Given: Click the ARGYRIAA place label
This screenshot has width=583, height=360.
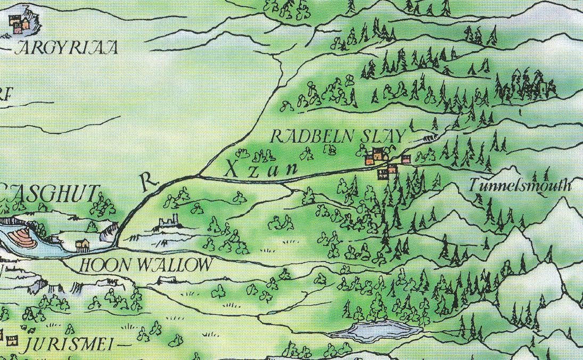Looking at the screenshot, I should click(x=67, y=49).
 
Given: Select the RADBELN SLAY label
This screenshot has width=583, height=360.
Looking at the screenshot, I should click(x=338, y=137).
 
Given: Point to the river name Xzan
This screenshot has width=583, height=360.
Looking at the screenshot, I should click(x=260, y=169).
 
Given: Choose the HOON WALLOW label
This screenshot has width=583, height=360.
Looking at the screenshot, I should click(x=146, y=265).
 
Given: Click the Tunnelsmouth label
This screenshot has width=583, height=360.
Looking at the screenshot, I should click(x=520, y=185).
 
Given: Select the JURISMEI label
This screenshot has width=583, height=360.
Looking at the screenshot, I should click(x=66, y=346).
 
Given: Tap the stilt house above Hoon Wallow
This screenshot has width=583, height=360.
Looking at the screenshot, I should click(x=82, y=245).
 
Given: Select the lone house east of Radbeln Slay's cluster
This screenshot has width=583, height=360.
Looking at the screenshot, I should click(x=406, y=159).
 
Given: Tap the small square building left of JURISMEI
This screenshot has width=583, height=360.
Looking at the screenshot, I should click(x=9, y=338).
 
